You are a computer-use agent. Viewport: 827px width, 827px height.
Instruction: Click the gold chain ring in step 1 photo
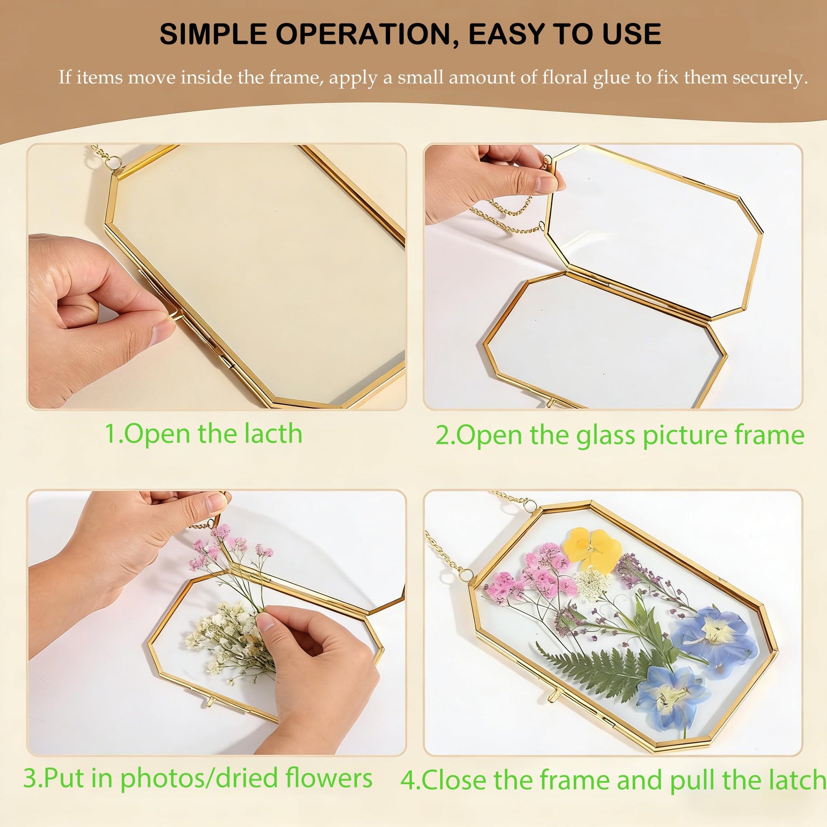click(114, 163)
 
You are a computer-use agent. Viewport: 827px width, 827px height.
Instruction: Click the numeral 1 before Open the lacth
click(110, 434)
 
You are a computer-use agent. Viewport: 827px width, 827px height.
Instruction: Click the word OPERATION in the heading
click(368, 34)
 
